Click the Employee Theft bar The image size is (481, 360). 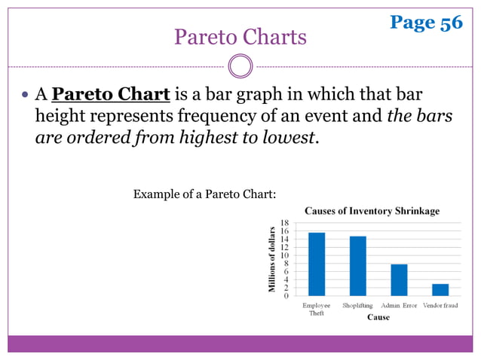[317, 264]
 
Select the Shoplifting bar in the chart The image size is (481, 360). [357, 266]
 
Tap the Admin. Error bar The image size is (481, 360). [399, 279]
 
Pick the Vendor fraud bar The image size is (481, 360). [440, 289]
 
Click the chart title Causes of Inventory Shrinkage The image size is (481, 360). [372, 211]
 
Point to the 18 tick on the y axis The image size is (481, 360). [284, 224]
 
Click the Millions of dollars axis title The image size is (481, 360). [271, 259]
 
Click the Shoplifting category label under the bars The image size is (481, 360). [357, 305]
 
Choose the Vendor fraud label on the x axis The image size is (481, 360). [440, 305]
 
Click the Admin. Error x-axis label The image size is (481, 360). [399, 305]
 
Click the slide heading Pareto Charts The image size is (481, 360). [240, 36]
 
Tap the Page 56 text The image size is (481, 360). [426, 23]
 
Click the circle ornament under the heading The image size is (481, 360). [240, 66]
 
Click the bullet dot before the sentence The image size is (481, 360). [25, 96]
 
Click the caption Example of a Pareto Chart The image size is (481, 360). [204, 195]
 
